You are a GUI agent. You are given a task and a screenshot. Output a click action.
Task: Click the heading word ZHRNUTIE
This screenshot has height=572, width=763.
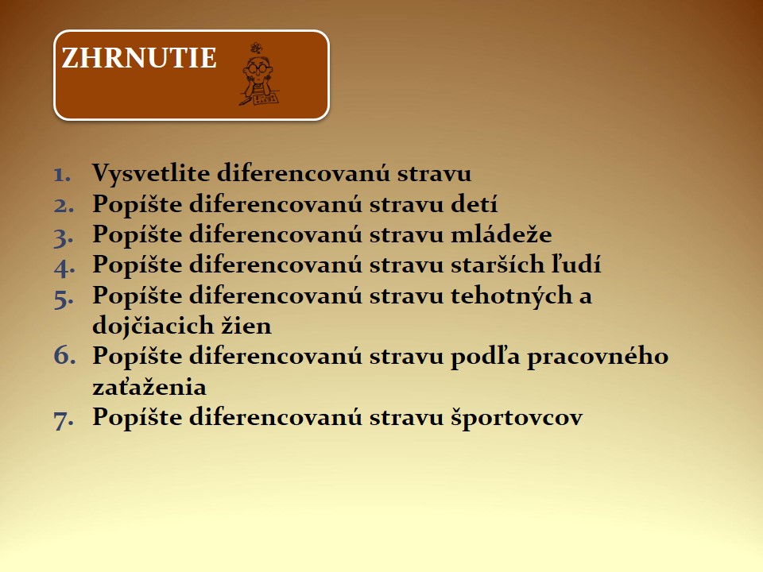tap(138, 58)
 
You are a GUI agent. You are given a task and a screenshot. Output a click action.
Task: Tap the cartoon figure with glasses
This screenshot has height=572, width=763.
tap(258, 75)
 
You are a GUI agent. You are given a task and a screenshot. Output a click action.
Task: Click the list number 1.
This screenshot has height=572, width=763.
tap(62, 175)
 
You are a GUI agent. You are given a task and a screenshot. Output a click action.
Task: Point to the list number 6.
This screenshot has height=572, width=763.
tap(64, 355)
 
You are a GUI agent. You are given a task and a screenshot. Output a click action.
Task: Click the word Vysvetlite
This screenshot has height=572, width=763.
tap(151, 174)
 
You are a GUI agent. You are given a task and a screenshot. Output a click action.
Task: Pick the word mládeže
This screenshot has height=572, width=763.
tap(502, 234)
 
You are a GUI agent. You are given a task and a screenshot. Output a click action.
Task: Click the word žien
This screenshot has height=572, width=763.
tap(246, 326)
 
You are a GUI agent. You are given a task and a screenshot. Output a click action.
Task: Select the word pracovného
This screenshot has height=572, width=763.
tap(598, 357)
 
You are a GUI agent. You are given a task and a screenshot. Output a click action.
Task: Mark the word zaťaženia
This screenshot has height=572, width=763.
tap(149, 387)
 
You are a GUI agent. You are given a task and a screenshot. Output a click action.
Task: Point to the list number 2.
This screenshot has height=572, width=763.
tap(64, 205)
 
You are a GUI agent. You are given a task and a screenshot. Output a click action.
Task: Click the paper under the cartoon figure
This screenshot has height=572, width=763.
tap(265, 99)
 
